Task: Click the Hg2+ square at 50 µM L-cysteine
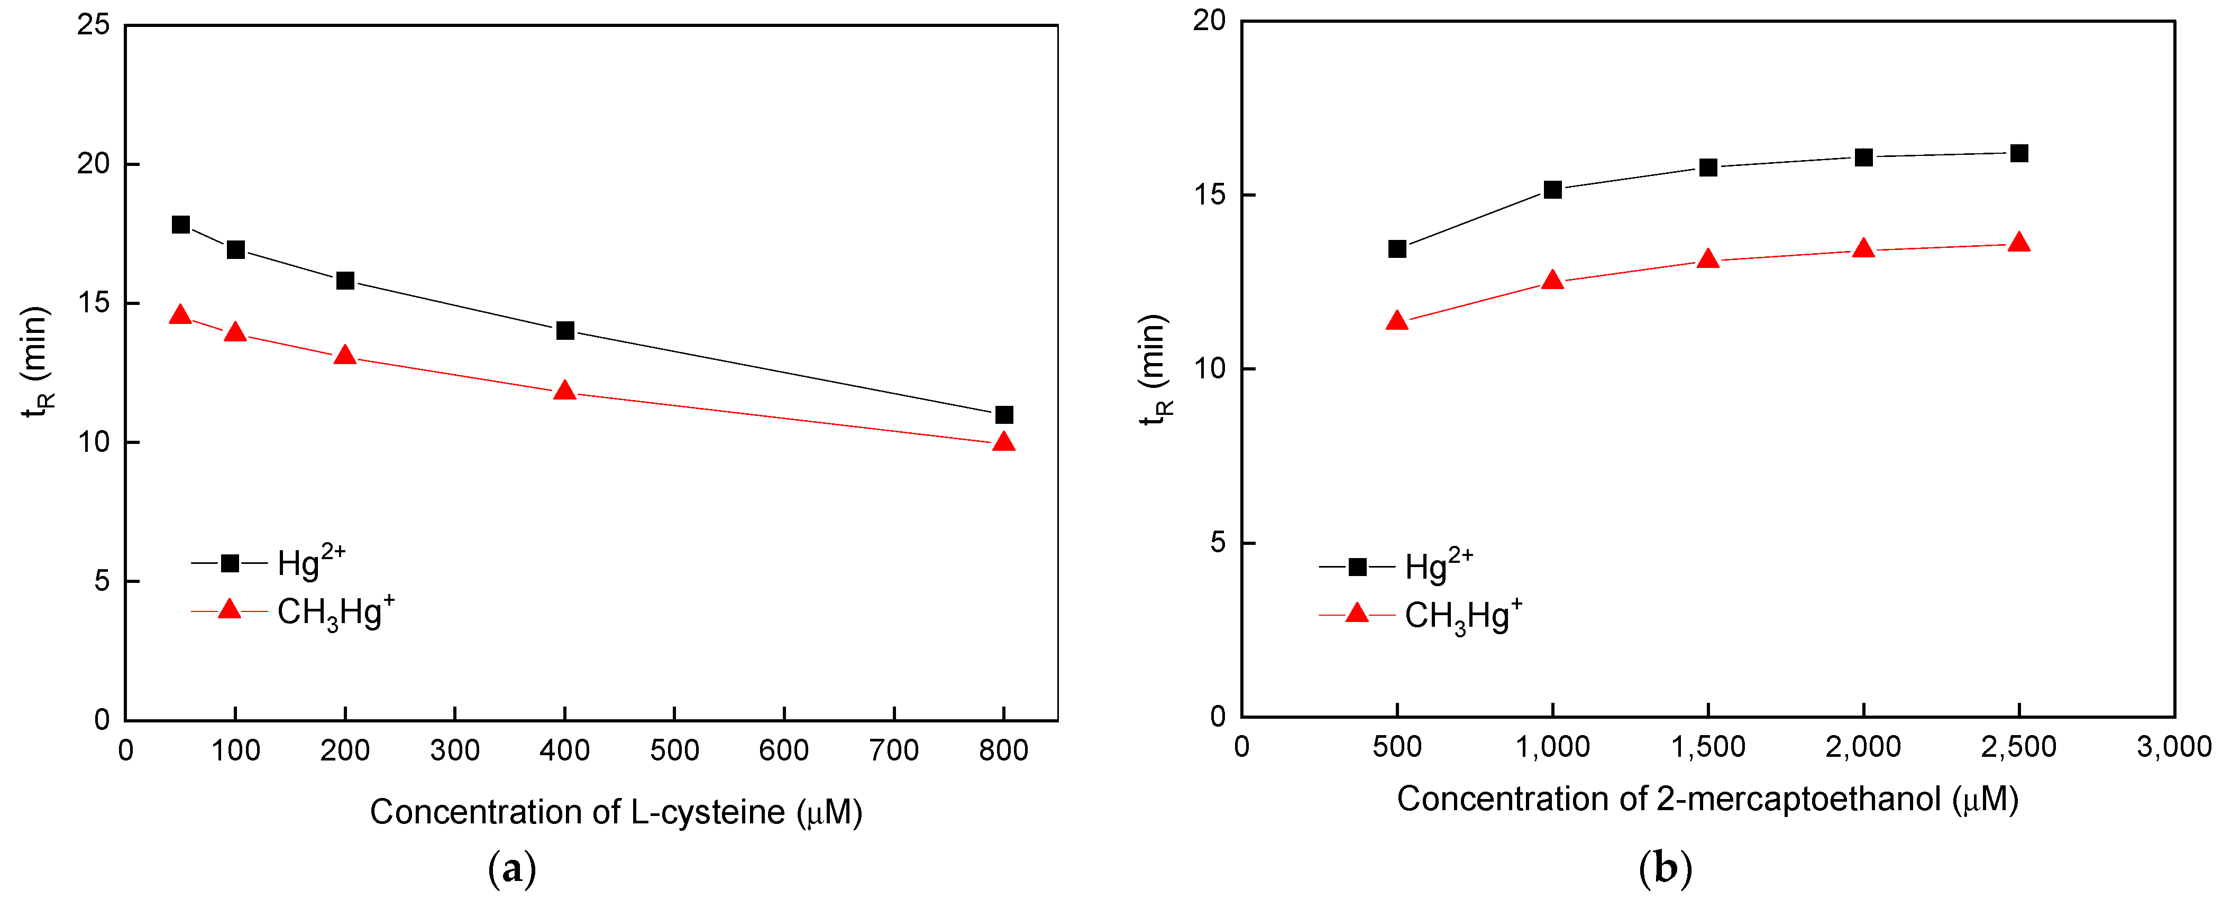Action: pyautogui.click(x=180, y=225)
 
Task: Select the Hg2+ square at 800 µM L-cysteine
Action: pyautogui.click(x=1004, y=415)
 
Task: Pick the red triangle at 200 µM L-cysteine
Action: pyautogui.click(x=345, y=355)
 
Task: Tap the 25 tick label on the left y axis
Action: pyautogui.click(x=93, y=24)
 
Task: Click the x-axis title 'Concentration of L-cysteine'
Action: pyautogui.click(x=616, y=812)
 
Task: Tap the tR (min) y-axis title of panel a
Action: pyautogui.click(x=36, y=362)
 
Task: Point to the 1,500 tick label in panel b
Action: pyautogui.click(x=1708, y=747)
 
